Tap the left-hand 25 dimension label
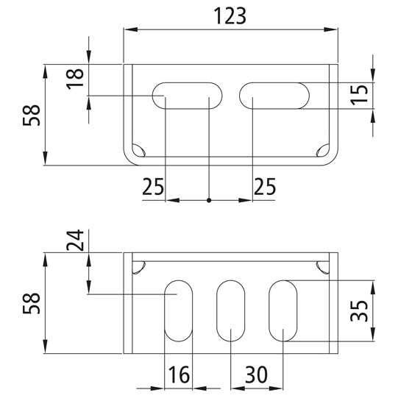click(153, 187)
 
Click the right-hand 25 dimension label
click(265, 187)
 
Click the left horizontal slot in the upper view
click(188, 96)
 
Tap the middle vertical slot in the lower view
click(231, 310)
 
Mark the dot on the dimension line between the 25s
click(210, 199)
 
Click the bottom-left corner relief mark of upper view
click(138, 150)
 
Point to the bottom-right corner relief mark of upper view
click(322, 150)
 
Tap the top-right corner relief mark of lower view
click(322, 268)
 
